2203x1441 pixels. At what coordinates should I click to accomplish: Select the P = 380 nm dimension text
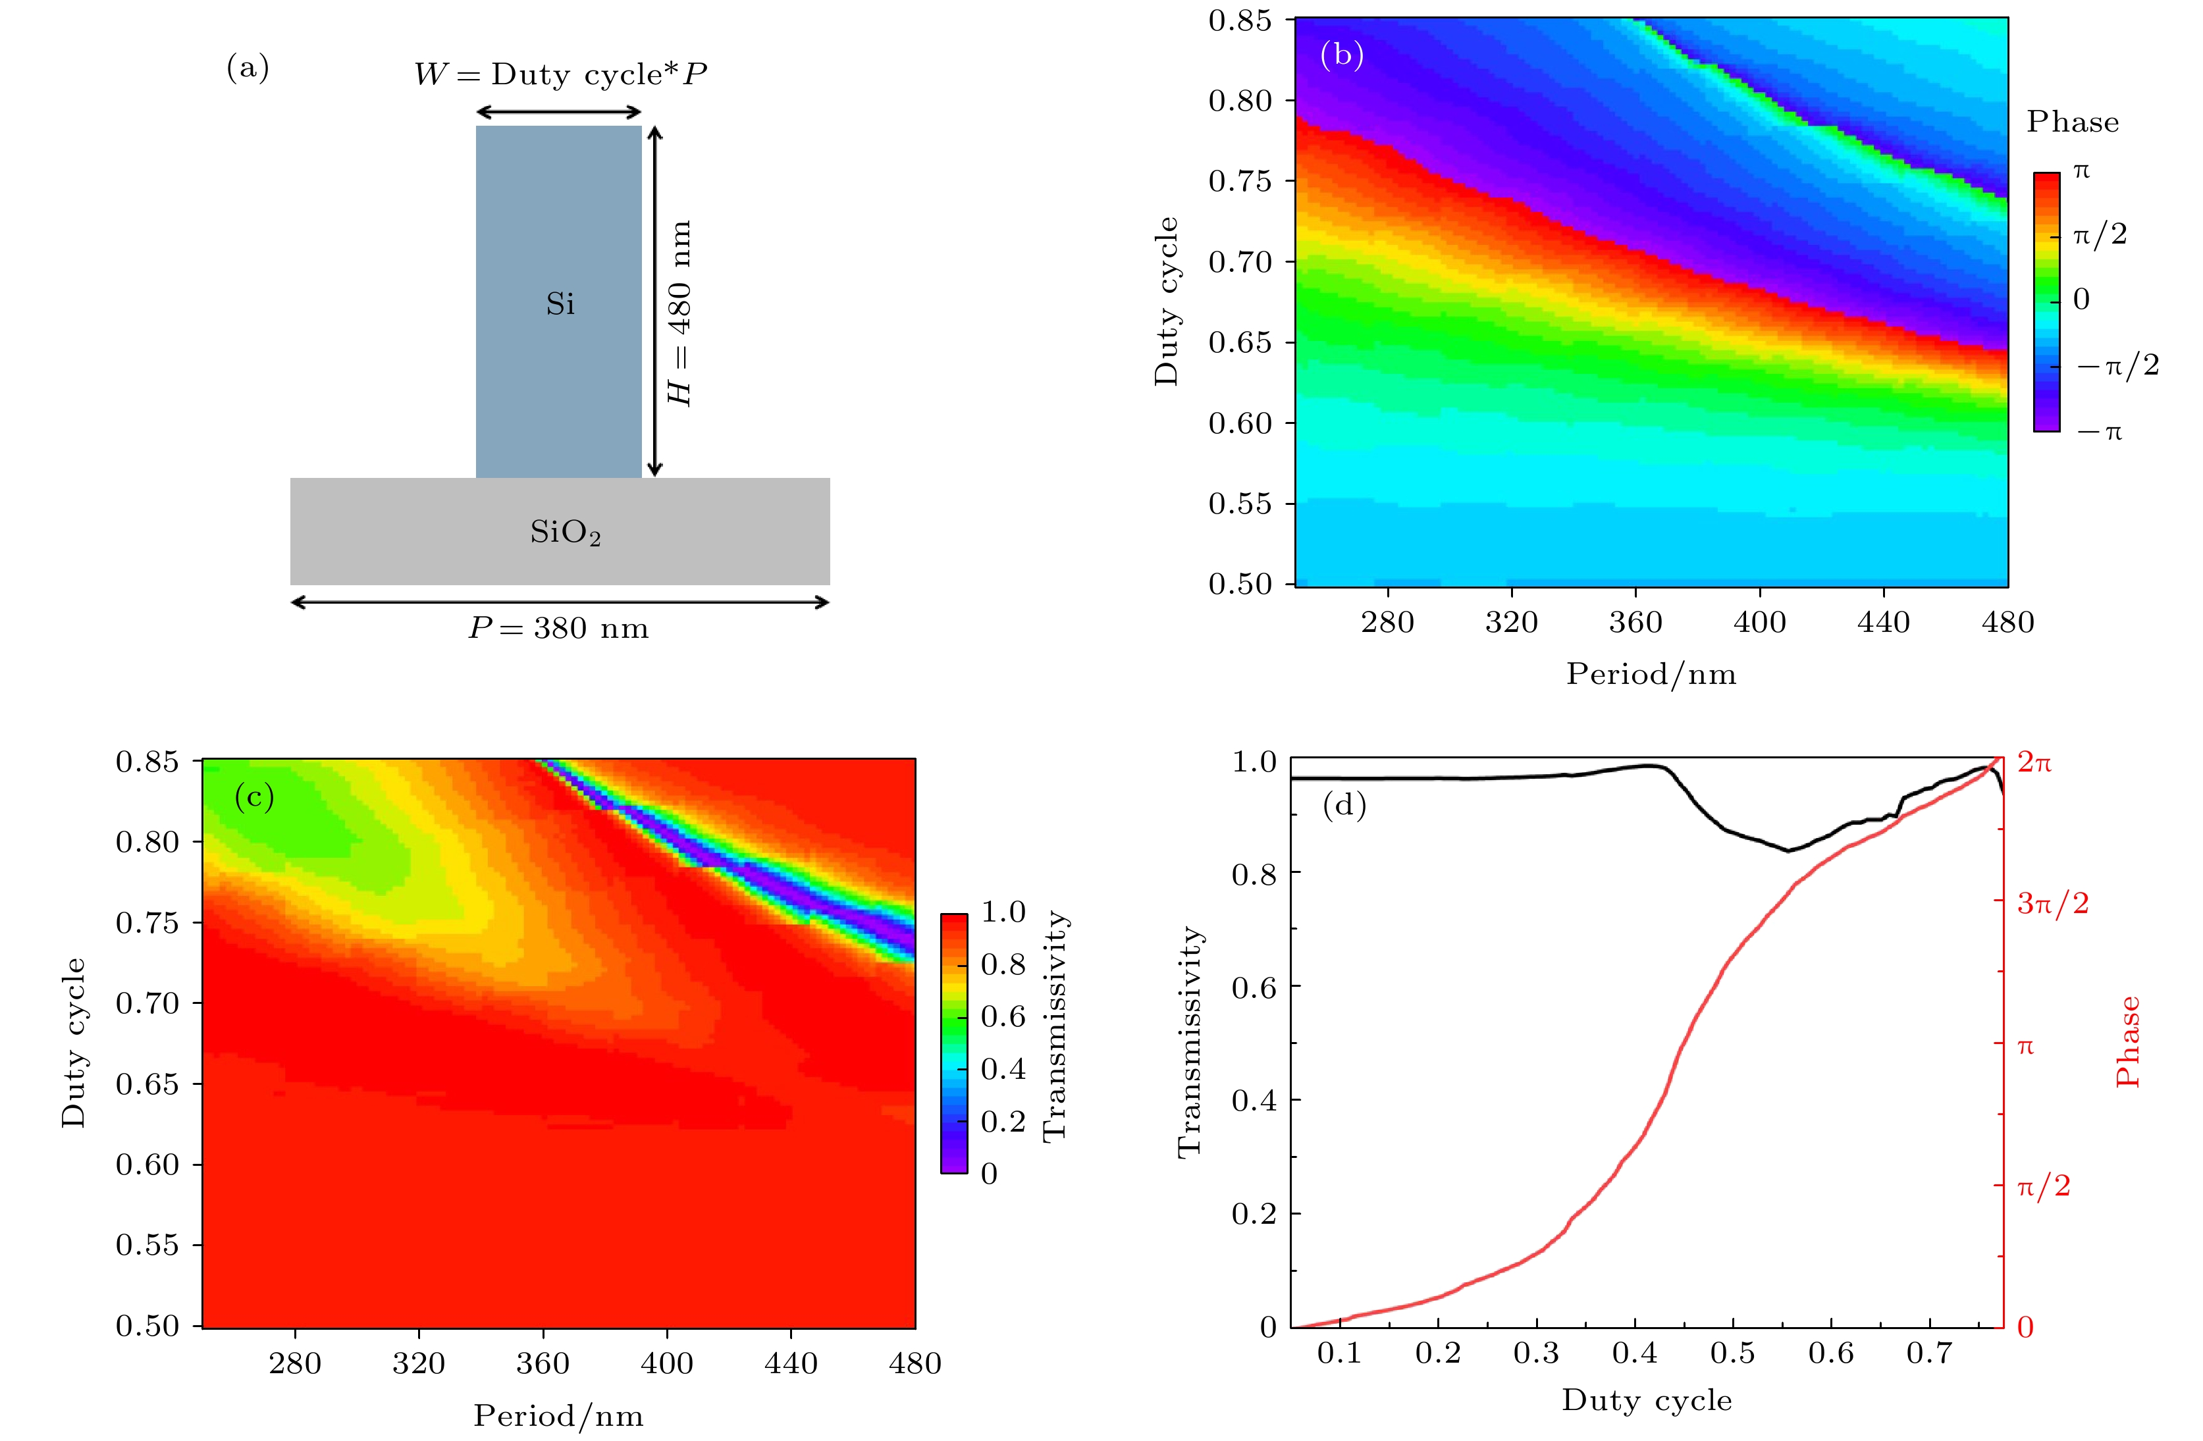click(x=558, y=629)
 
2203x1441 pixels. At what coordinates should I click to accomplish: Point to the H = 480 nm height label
click(x=680, y=313)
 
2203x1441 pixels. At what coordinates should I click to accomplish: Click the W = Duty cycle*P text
click(x=560, y=74)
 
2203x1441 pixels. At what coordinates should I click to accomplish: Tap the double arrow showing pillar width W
click(x=558, y=113)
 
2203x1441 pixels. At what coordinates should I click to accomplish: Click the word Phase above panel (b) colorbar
click(x=2073, y=122)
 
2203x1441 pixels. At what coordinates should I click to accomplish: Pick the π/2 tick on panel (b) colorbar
click(x=2100, y=235)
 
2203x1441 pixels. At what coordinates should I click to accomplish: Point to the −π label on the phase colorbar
click(x=2100, y=431)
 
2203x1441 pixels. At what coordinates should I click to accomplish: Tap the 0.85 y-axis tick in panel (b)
click(x=1239, y=20)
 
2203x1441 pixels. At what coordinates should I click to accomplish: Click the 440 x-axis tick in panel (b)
click(x=1884, y=622)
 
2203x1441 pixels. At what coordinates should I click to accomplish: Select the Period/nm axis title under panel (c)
click(x=558, y=1415)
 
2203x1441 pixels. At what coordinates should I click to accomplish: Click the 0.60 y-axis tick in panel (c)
click(x=147, y=1165)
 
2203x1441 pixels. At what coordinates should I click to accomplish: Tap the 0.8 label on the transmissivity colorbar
click(x=1003, y=964)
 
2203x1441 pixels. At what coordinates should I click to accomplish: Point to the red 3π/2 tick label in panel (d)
click(x=2052, y=903)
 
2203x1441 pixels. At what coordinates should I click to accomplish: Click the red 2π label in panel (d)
click(x=2034, y=762)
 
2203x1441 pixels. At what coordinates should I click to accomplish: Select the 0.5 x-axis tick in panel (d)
click(x=1732, y=1353)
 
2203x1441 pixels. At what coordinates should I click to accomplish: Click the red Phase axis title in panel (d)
click(x=2128, y=1041)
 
